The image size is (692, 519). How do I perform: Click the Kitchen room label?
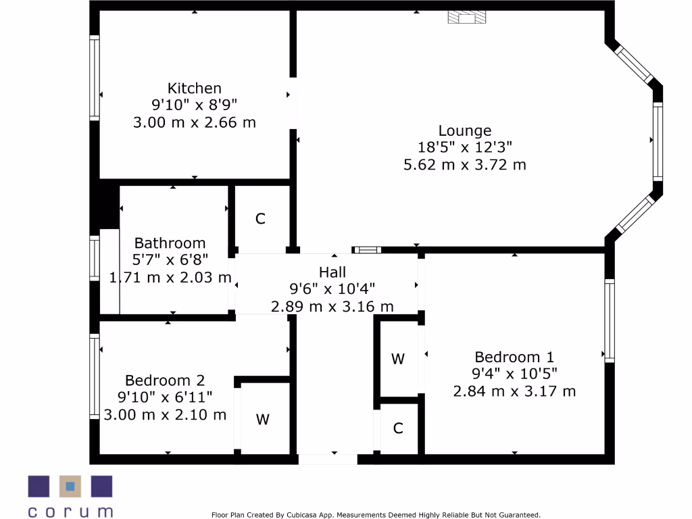click(x=194, y=88)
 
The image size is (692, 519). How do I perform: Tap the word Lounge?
click(x=464, y=130)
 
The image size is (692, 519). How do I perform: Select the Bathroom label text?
click(x=170, y=243)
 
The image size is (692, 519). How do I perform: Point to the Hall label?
click(x=332, y=272)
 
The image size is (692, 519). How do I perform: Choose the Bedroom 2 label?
click(x=164, y=380)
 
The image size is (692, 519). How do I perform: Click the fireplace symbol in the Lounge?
click(x=466, y=18)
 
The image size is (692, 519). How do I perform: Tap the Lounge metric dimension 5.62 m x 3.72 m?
click(x=464, y=164)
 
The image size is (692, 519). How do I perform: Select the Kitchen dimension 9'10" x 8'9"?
click(x=194, y=105)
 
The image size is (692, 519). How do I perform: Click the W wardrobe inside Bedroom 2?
click(x=262, y=420)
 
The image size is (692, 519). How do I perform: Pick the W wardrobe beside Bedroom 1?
click(x=398, y=359)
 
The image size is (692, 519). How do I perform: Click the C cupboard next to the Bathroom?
click(x=260, y=219)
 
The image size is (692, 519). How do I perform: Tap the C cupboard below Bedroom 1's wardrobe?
click(x=398, y=428)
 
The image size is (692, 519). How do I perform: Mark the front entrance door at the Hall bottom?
click(x=328, y=460)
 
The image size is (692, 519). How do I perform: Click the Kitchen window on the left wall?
click(x=95, y=78)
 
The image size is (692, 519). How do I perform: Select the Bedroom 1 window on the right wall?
click(x=610, y=320)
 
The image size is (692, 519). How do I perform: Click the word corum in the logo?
click(x=70, y=511)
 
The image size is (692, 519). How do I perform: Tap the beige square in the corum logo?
click(x=70, y=486)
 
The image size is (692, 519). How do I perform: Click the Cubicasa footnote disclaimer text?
click(x=376, y=514)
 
